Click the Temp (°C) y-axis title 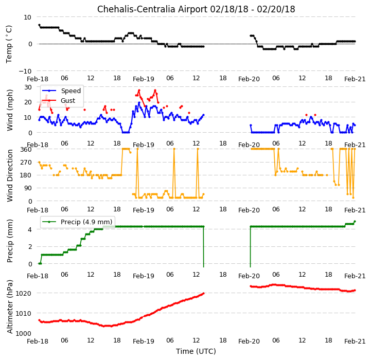tap(9, 44)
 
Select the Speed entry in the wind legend tap(62, 91)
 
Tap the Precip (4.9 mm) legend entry tap(77, 222)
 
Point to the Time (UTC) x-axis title tap(196, 351)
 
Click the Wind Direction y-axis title tap(10, 175)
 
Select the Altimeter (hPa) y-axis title tap(10, 307)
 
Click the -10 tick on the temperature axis tap(25, 71)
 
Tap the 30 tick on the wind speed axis tap(28, 87)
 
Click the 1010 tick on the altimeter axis tap(24, 313)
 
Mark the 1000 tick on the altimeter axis tap(24, 333)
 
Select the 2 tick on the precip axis tap(30, 247)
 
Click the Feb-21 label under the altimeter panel tap(355, 341)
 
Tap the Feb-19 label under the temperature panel tap(144, 79)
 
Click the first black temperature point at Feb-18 tap(39, 25)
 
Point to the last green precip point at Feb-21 tap(355, 221)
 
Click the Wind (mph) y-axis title tap(10, 110)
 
